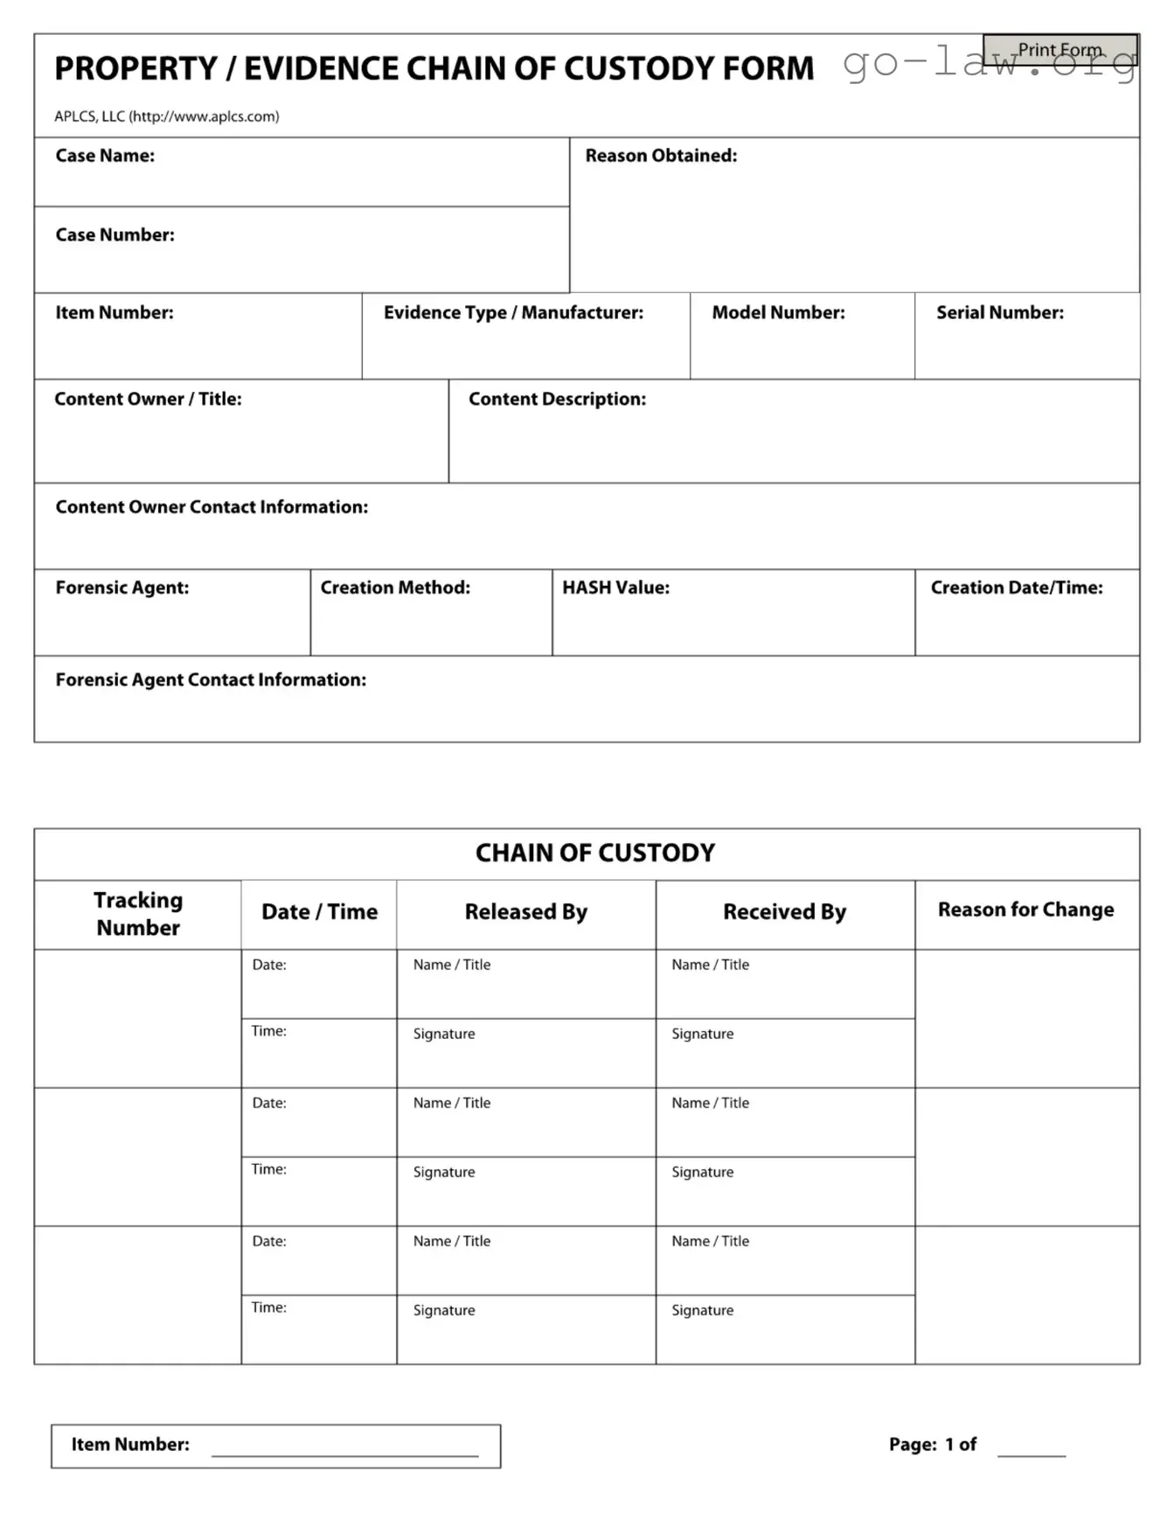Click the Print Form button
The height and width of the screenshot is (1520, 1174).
click(1059, 50)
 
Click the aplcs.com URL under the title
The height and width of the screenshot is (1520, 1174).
click(205, 116)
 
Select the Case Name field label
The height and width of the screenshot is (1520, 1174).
click(105, 156)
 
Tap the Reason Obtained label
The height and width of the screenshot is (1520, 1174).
click(661, 156)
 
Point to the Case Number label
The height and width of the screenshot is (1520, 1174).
click(115, 235)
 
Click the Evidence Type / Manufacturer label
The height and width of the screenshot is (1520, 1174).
click(513, 313)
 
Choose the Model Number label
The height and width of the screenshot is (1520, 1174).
click(778, 313)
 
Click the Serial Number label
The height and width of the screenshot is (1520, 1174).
click(1000, 313)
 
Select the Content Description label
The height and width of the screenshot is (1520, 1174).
click(557, 400)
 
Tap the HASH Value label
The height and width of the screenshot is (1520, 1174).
click(615, 588)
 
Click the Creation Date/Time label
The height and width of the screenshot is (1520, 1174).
click(1017, 588)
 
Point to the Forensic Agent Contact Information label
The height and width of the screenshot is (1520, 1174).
click(211, 680)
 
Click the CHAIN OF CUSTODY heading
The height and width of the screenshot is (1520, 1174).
click(594, 853)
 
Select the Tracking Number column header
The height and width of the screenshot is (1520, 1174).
click(138, 914)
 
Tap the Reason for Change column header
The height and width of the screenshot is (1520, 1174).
click(1025, 910)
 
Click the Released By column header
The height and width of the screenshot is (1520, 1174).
click(525, 912)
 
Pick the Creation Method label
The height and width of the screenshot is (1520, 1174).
click(395, 588)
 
